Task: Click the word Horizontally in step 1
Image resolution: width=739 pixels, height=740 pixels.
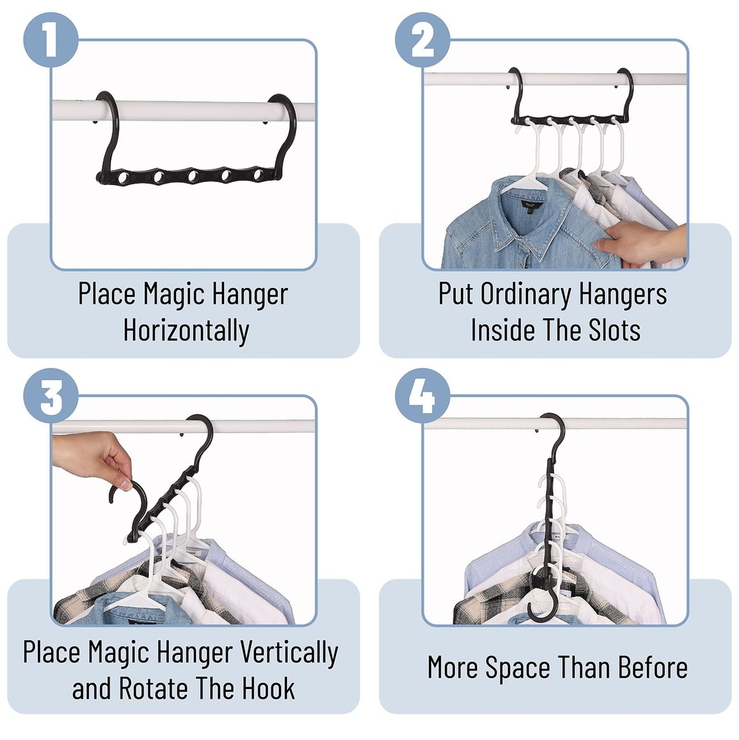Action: pos(186,330)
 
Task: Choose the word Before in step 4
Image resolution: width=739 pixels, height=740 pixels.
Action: pos(649,667)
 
